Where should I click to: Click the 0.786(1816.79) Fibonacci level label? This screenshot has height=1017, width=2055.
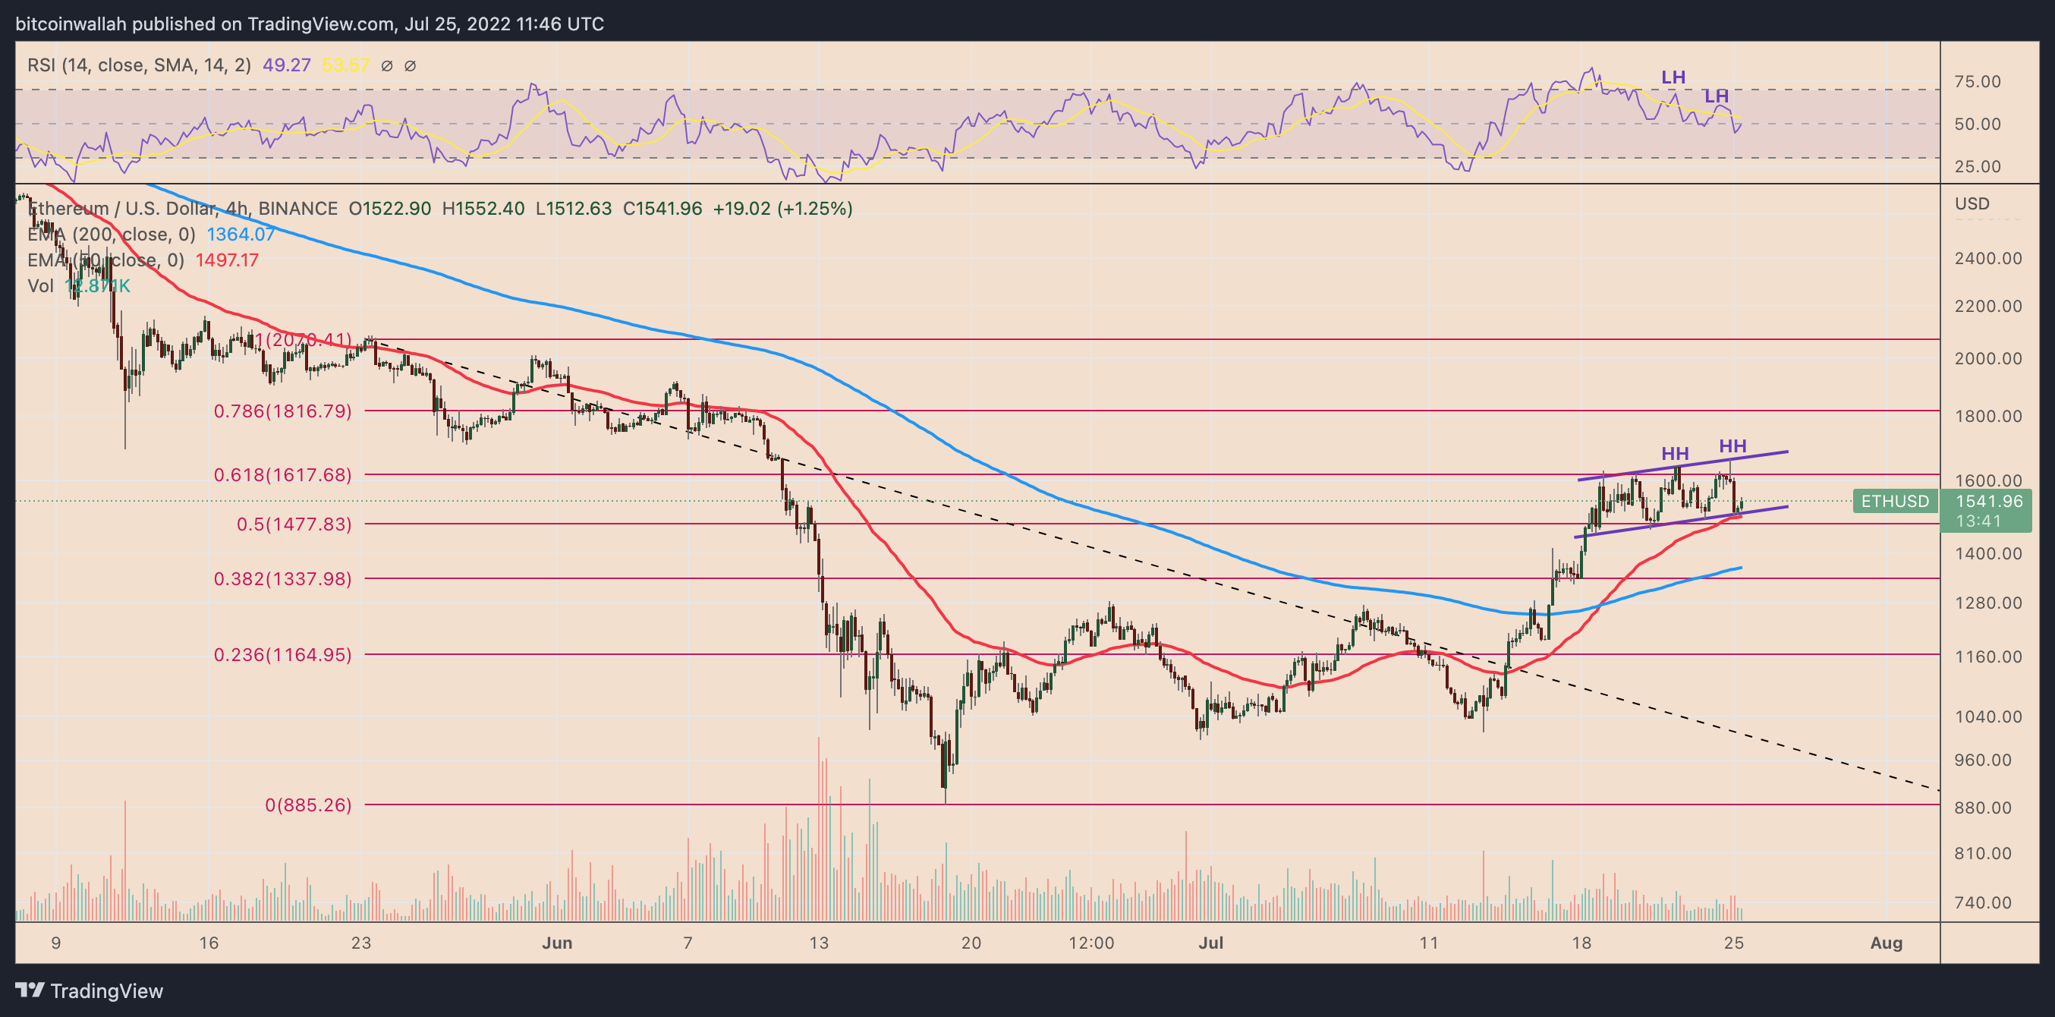282,411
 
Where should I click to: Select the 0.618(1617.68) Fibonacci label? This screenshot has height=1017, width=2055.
282,475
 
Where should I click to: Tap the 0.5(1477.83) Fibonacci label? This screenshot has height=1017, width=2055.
294,524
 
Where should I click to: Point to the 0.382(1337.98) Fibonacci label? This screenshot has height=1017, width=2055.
282,579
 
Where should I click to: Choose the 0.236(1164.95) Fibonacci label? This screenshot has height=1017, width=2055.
282,655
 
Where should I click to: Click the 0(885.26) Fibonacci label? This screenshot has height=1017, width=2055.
308,805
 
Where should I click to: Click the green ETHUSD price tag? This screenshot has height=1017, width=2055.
1895,502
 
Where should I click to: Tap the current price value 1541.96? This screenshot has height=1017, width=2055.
1989,502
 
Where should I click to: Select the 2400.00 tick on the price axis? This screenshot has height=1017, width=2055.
1988,259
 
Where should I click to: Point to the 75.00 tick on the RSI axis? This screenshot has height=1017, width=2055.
1977,81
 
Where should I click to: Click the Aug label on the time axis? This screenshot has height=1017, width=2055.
1886,943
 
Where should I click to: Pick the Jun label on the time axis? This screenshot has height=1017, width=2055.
557,943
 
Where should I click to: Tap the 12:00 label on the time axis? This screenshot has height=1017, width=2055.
1090,943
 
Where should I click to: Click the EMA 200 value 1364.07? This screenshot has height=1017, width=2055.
241,235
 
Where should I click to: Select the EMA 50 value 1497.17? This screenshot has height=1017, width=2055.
227,260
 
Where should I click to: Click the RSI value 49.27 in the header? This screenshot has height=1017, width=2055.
286,65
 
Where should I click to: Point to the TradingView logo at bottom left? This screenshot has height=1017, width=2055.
90,990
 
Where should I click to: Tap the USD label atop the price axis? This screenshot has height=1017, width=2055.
1972,204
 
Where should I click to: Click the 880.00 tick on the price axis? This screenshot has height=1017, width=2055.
1988,808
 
